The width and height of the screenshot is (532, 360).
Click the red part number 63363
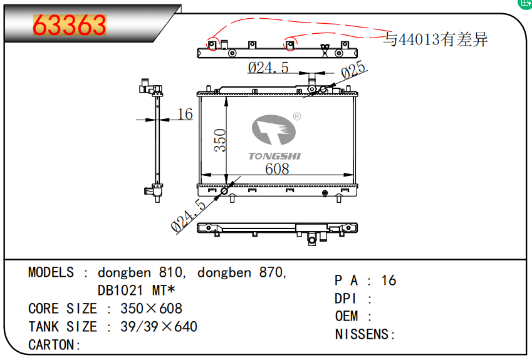[69, 26]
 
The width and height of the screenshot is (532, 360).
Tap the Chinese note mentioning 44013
[436, 40]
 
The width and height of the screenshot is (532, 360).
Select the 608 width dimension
[276, 169]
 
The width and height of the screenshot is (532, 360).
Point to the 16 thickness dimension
[185, 113]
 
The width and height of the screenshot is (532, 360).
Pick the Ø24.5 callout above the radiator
[268, 68]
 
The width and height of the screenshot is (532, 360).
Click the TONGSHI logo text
[274, 155]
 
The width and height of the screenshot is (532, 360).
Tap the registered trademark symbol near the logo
[297, 116]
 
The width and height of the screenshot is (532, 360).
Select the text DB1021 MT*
[136, 291]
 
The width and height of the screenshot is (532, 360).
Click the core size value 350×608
[152, 309]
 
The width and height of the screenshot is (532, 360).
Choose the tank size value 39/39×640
[159, 327]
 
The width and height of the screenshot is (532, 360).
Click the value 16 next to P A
[389, 280]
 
